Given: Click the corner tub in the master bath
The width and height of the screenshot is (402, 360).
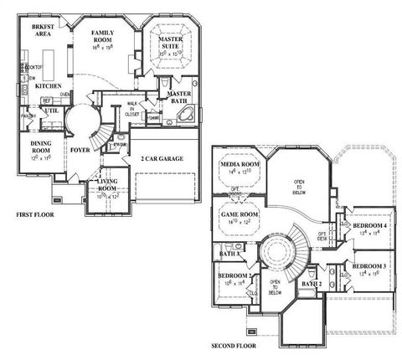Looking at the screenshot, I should click(189, 115).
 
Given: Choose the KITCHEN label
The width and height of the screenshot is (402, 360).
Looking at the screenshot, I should click(48, 86).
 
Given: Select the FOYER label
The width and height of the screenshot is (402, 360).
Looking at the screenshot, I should click(80, 151).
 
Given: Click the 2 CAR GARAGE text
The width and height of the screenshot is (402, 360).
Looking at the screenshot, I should click(164, 157).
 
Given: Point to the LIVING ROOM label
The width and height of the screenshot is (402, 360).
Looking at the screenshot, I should click(107, 183).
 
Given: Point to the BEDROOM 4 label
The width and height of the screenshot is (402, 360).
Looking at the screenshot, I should click(369, 228).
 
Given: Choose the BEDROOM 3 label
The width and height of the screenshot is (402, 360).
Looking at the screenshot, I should click(369, 267).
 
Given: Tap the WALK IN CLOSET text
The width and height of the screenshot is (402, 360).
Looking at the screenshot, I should click(132, 109).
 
